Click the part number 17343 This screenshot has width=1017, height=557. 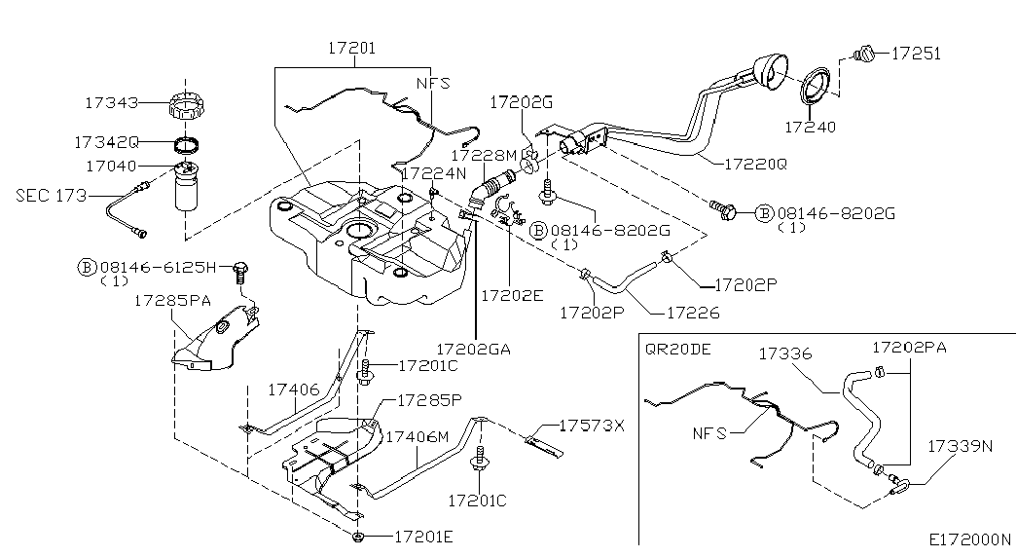click(111, 102)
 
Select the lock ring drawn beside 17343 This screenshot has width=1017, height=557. click(185, 103)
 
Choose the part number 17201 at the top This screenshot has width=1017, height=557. click(351, 47)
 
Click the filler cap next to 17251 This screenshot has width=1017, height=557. click(862, 54)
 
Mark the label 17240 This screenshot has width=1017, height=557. click(810, 127)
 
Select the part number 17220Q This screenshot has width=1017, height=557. click(754, 165)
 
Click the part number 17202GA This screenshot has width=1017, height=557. click(474, 348)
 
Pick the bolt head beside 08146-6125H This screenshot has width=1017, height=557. click(241, 267)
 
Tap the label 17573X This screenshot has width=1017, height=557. click(592, 426)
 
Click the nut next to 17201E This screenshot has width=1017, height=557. click(359, 537)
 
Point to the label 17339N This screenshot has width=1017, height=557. click(960, 446)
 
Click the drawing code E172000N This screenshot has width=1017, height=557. click(969, 538)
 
